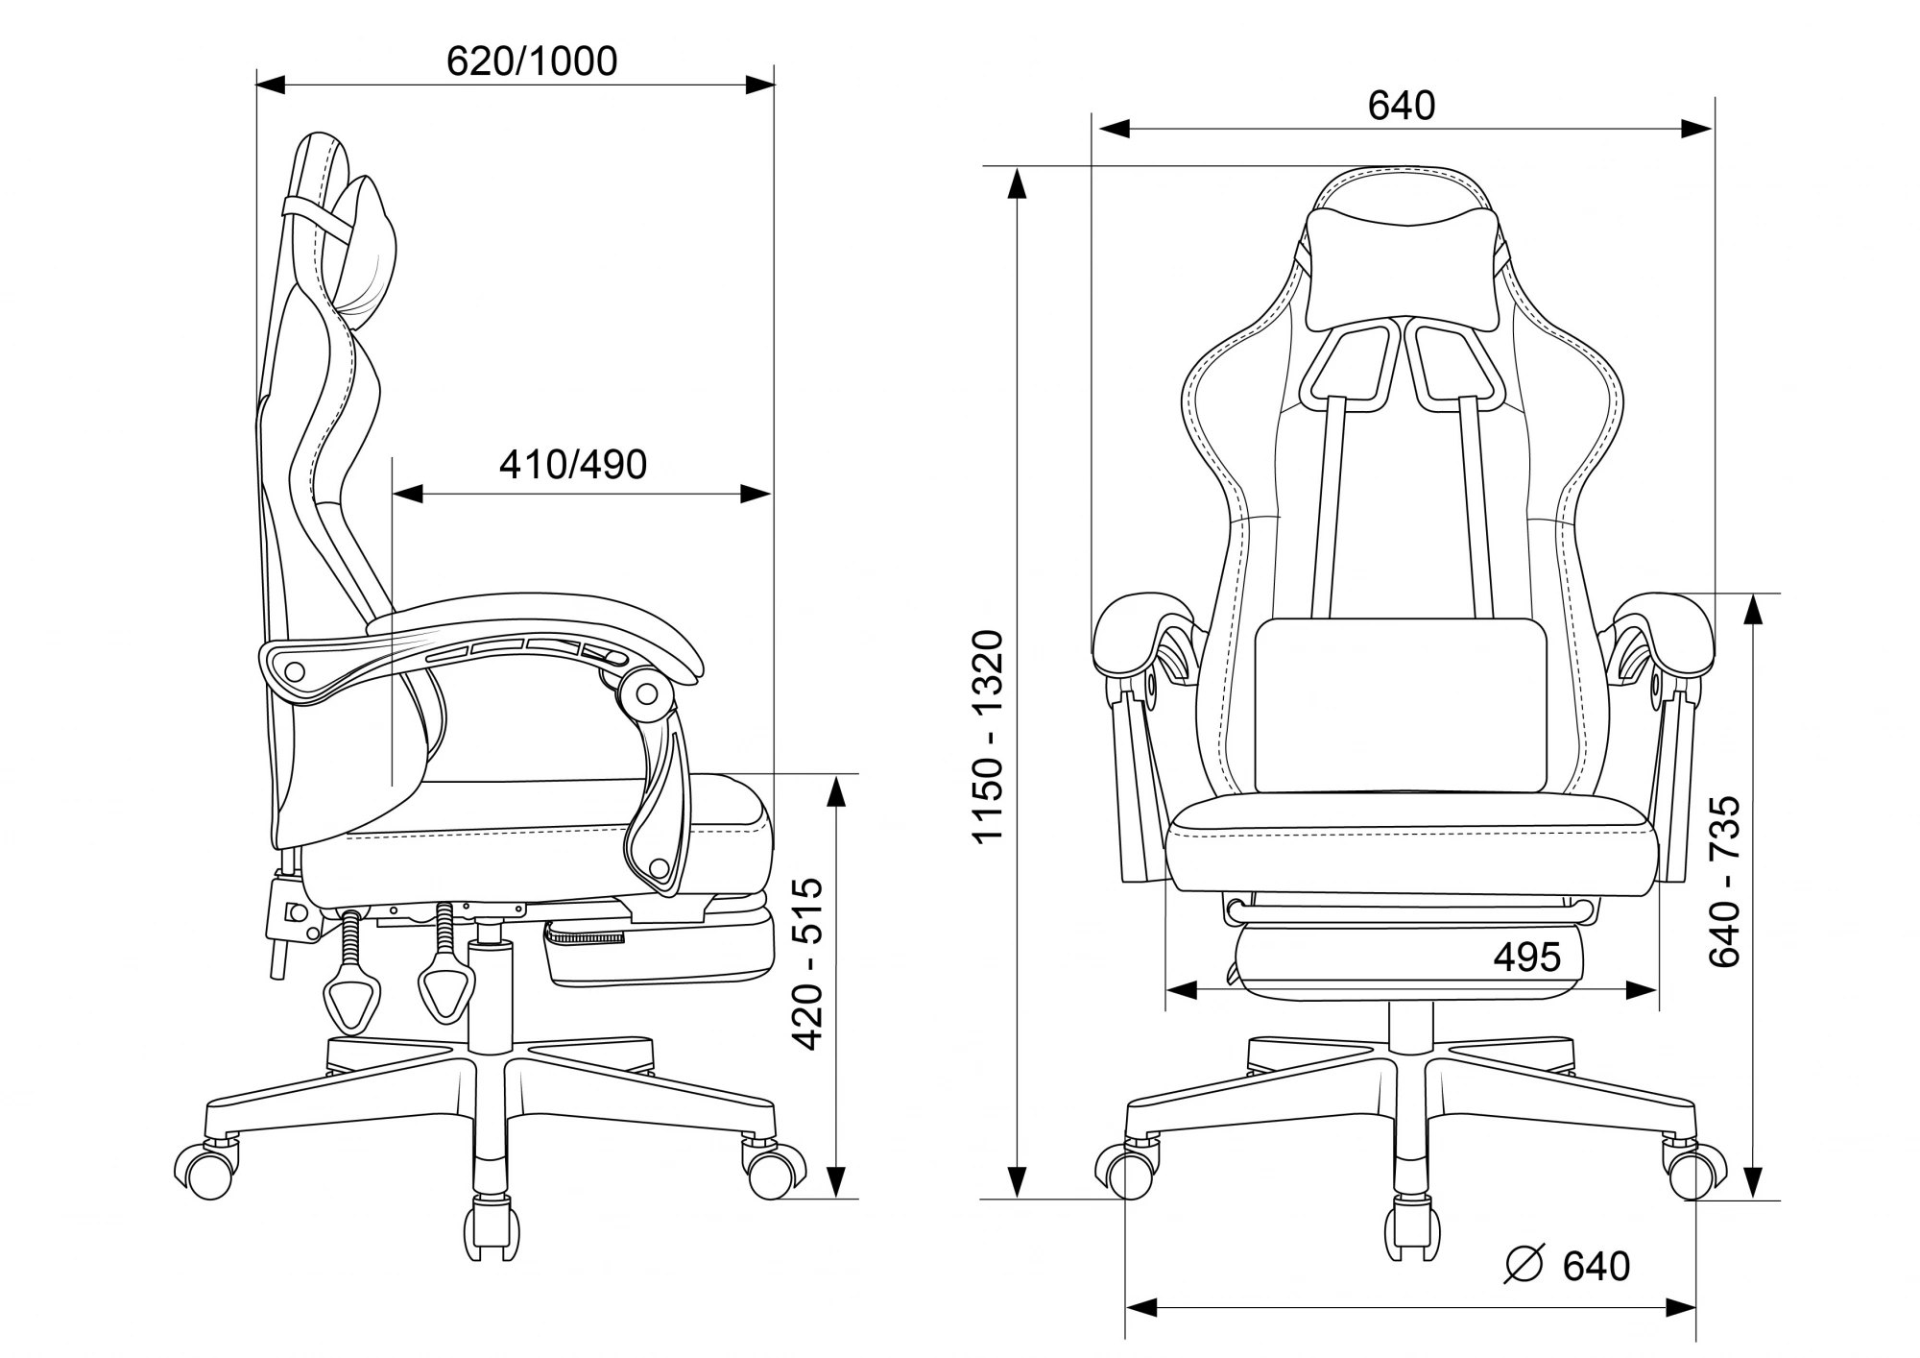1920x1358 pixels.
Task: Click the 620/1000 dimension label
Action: tap(532, 61)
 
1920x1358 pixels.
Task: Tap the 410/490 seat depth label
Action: tap(573, 465)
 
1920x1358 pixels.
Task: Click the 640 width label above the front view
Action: tap(1402, 107)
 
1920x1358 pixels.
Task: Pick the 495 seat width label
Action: tap(1527, 957)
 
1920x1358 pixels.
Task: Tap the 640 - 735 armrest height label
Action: tap(1725, 881)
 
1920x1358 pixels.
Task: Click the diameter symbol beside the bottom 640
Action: tap(1524, 1265)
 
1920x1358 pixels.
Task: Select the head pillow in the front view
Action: tap(1403, 271)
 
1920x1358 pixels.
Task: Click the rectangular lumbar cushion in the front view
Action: tap(1402, 706)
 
